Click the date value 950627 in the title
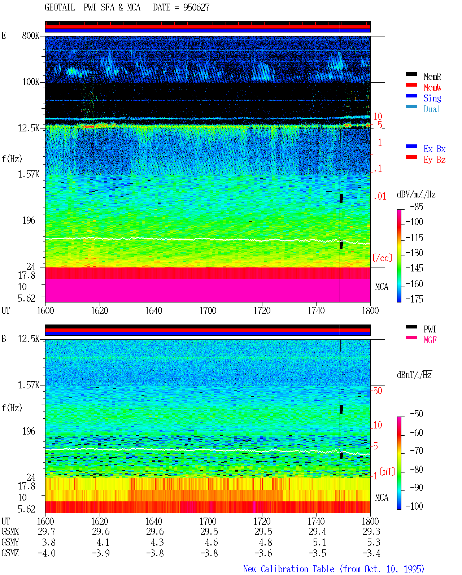tap(196, 8)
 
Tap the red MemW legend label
tap(432, 87)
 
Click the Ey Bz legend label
tap(434, 160)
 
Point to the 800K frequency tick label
tap(30, 35)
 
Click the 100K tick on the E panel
tap(30, 82)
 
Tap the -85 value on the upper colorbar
tap(417, 206)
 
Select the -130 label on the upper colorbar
tap(414, 253)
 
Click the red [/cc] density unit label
tap(382, 258)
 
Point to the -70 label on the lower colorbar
tap(417, 451)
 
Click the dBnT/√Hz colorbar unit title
tap(414, 375)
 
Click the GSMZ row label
tap(10, 553)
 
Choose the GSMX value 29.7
tap(47, 531)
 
